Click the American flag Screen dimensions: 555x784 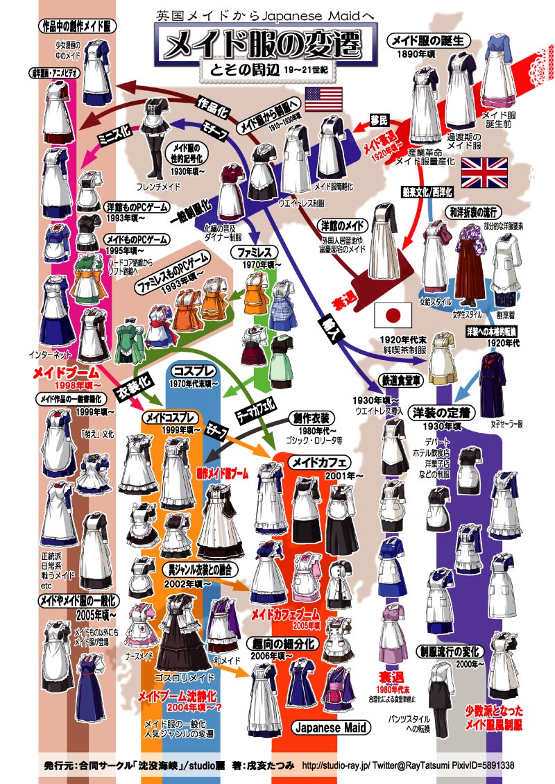324,99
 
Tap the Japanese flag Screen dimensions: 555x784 393,315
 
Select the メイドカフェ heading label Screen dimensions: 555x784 320,462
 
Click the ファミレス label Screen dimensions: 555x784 259,250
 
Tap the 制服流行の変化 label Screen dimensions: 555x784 451,651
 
